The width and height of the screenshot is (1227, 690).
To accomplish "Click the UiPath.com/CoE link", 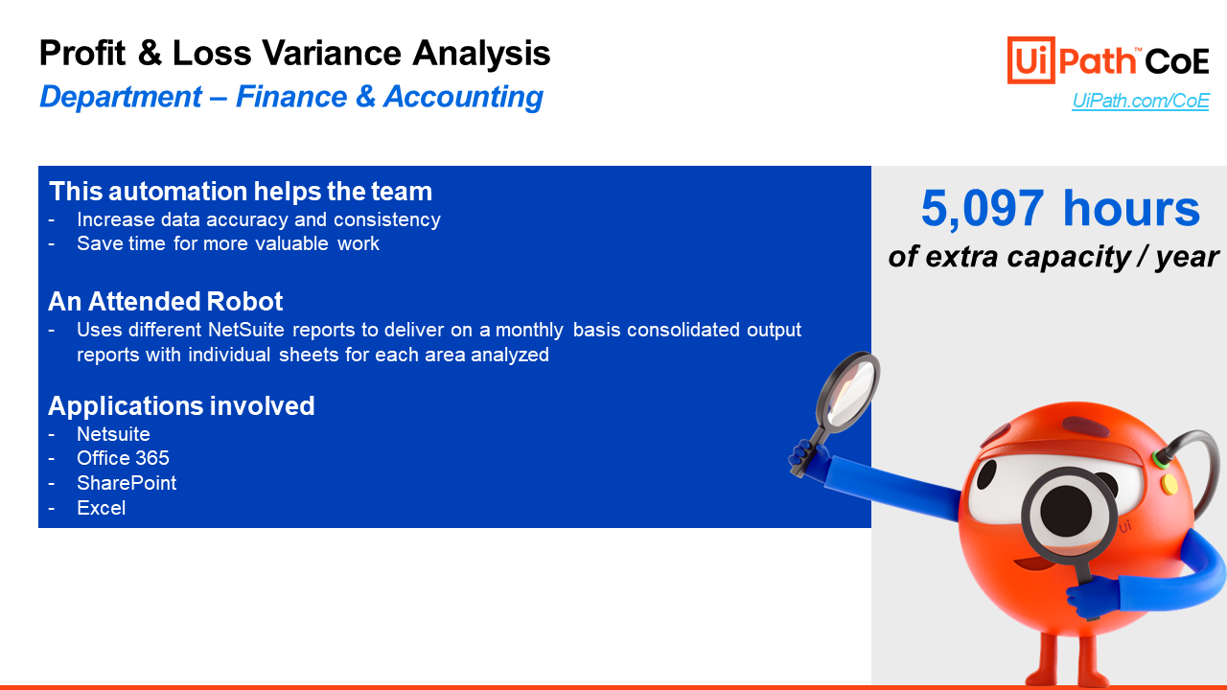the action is click(1141, 101).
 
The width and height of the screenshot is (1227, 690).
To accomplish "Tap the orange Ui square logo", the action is click(1030, 60).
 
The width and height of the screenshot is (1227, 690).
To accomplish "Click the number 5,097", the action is click(983, 209).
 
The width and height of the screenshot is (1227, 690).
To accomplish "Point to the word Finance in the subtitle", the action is click(291, 97).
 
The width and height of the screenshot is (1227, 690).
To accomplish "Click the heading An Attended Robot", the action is click(166, 301).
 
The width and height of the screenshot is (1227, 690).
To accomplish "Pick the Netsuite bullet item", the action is click(113, 434).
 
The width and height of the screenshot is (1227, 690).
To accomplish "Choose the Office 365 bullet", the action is click(124, 458).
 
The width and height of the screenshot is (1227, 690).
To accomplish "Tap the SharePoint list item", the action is click(127, 483).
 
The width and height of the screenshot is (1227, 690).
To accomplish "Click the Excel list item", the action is click(102, 508).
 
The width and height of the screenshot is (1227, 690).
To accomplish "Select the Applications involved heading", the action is click(181, 405).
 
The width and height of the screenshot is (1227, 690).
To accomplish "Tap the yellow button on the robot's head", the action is click(1169, 484).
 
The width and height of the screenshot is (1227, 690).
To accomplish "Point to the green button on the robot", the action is click(1160, 459).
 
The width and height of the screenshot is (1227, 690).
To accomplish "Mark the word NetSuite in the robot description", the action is click(246, 330).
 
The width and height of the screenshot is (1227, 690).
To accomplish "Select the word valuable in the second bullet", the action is click(291, 243).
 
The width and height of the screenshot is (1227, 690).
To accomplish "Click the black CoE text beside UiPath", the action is click(1176, 61).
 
